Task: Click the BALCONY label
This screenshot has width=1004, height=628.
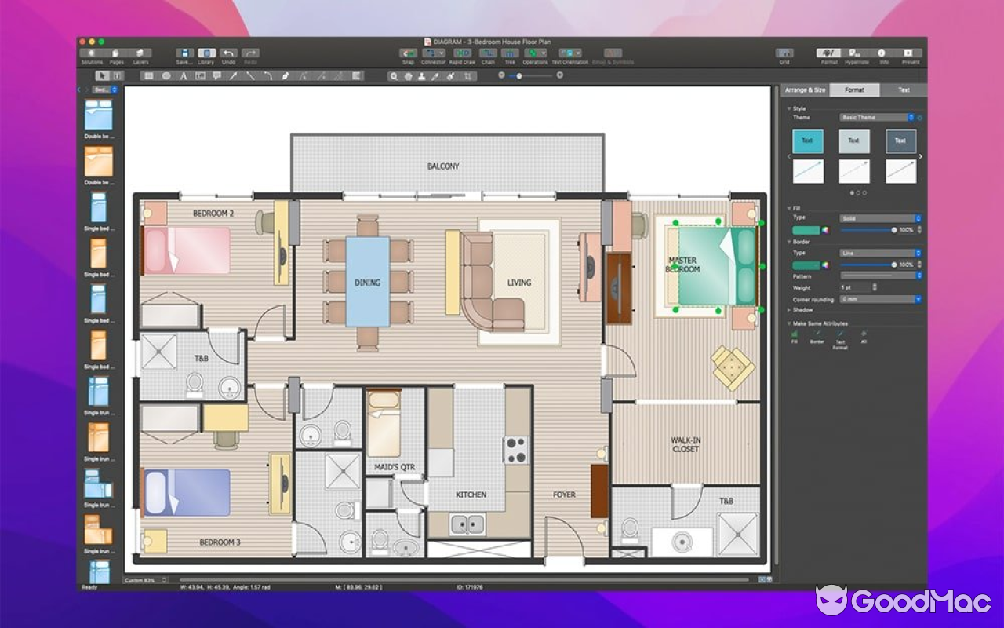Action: click(443, 166)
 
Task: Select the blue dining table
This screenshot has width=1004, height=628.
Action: click(367, 281)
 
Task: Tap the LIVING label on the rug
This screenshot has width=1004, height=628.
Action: click(518, 283)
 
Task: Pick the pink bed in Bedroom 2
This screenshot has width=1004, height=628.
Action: click(187, 250)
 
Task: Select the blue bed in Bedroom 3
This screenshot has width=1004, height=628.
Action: click(187, 492)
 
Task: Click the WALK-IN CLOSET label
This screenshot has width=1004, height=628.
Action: click(686, 444)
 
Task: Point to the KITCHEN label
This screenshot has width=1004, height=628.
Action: click(471, 495)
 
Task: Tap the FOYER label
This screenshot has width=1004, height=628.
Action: click(564, 495)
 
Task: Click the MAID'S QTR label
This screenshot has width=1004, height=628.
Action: click(395, 468)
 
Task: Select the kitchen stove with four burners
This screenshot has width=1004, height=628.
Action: click(515, 450)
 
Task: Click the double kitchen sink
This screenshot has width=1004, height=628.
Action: click(467, 523)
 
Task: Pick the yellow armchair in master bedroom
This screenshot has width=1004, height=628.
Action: click(733, 367)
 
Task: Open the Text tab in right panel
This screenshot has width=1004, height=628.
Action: click(904, 90)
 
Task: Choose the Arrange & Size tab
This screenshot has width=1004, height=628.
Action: click(805, 90)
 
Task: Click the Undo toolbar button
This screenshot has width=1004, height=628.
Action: click(228, 56)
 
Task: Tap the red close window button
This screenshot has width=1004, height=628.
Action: click(82, 42)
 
